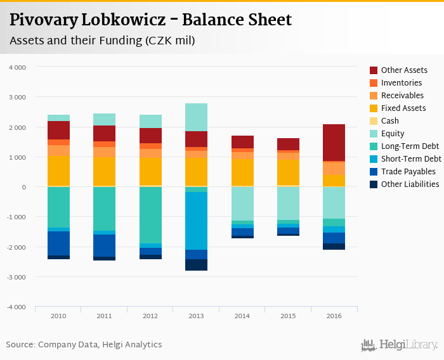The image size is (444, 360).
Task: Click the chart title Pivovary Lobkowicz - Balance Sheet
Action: coord(151,20)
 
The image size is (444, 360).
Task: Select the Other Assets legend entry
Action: coord(404,70)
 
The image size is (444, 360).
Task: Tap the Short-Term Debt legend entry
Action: coord(411,159)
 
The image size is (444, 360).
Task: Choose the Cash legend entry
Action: coord(390,121)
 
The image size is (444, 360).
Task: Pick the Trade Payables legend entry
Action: coord(408,172)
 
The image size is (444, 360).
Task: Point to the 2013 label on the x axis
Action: coord(196,316)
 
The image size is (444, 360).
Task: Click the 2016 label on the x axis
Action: coord(334,316)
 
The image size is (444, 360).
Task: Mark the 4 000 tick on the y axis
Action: coord(17,67)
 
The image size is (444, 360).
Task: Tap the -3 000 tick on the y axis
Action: coord(16,278)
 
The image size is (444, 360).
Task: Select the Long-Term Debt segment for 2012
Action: coord(150,215)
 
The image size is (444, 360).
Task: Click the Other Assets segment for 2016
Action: coord(334,143)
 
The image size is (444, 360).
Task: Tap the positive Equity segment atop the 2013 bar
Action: coord(196,117)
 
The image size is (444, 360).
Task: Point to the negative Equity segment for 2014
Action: coord(242,203)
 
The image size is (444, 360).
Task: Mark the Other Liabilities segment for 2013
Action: coord(196,265)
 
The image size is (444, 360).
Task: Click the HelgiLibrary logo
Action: coord(400,345)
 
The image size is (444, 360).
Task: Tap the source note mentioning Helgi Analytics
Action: coord(84,345)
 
